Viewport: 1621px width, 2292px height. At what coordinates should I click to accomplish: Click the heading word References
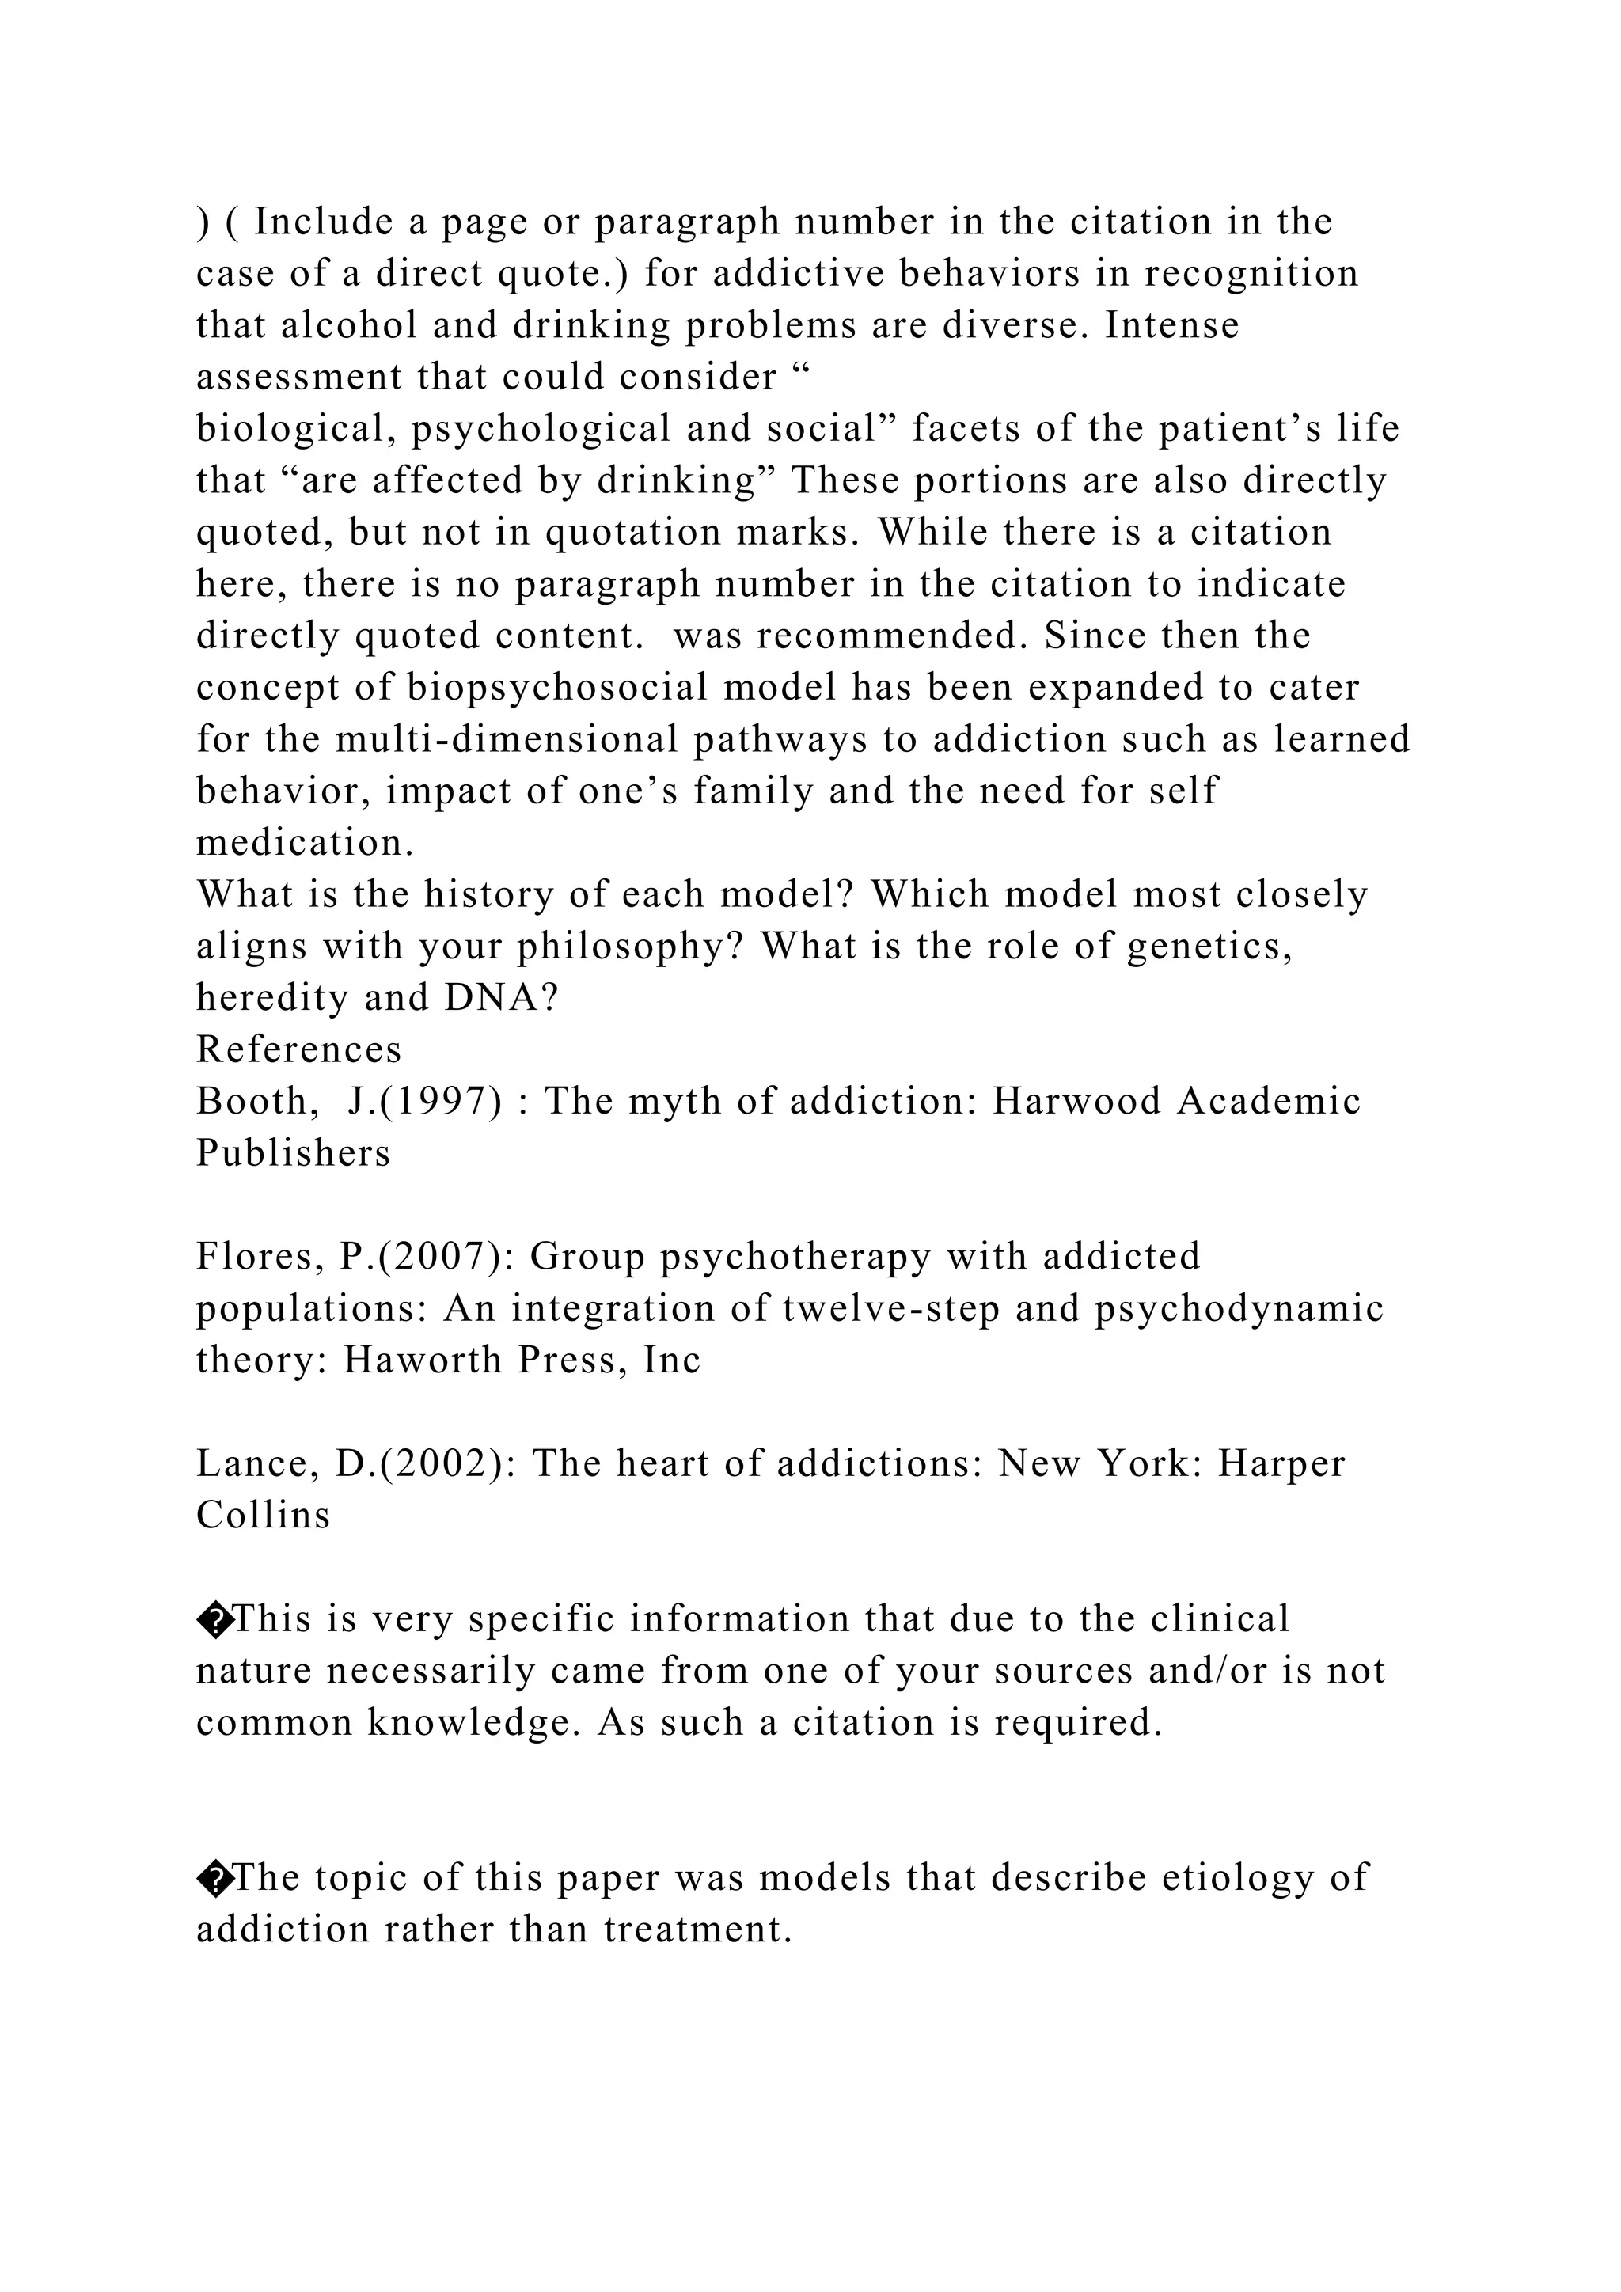point(298,1049)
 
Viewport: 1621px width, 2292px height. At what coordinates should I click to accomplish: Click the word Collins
point(263,1516)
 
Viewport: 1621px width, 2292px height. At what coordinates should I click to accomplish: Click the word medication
point(302,843)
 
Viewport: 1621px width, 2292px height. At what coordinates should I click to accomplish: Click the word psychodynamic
point(1239,1307)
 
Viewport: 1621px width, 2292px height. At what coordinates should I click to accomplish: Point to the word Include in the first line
point(324,222)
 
